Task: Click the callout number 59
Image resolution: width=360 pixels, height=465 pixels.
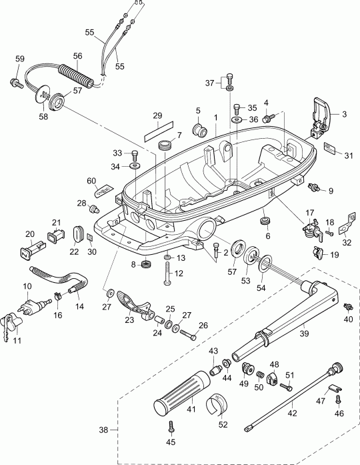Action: tap(19, 59)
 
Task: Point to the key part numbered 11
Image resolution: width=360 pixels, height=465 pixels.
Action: tap(13, 323)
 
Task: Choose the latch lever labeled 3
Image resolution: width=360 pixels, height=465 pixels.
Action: tap(321, 111)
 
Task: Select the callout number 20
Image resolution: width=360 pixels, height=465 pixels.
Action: tap(29, 234)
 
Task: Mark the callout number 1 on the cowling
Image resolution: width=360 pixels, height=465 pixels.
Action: tap(215, 117)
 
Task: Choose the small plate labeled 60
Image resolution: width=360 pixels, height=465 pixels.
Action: tap(103, 191)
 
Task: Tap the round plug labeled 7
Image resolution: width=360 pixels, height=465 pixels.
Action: tap(164, 145)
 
